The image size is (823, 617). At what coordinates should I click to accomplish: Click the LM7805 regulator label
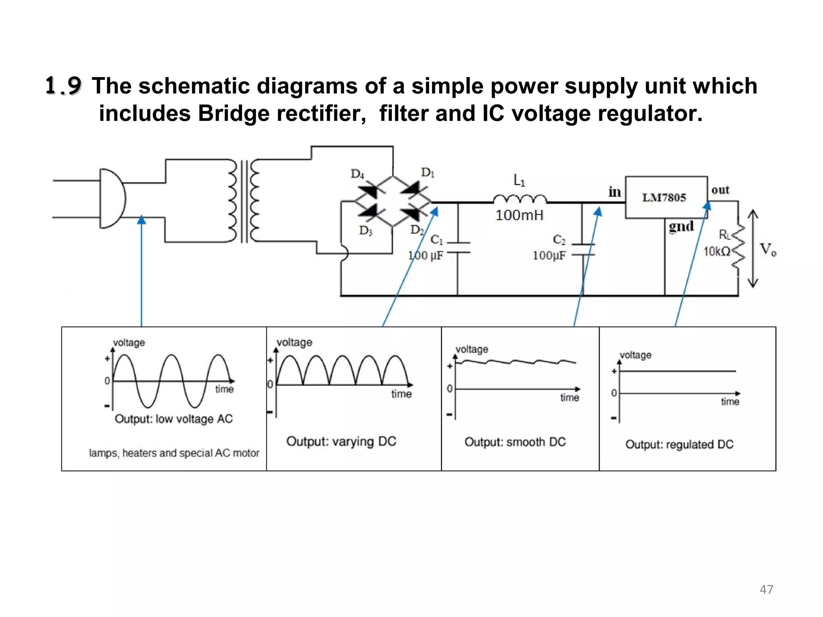click(664, 198)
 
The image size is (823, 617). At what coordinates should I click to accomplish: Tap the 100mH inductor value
click(519, 216)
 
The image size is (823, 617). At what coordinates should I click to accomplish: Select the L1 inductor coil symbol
click(520, 198)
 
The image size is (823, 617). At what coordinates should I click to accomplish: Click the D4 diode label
click(357, 174)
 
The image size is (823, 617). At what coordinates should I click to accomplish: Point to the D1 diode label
click(428, 173)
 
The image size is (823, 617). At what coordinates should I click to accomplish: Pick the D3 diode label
click(366, 231)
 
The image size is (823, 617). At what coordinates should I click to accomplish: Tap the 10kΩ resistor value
click(717, 252)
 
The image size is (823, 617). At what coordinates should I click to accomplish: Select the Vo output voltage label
click(768, 249)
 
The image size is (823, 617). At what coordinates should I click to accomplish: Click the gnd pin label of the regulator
click(681, 227)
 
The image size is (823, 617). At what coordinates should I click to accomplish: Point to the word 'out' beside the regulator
click(720, 190)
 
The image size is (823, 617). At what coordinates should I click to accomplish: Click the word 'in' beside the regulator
click(614, 192)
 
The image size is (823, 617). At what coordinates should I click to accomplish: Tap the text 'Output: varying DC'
click(341, 441)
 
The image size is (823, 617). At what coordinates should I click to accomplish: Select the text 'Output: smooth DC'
click(515, 442)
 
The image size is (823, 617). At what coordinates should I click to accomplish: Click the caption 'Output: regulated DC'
click(679, 444)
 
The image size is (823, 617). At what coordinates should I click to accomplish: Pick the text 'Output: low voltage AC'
click(174, 419)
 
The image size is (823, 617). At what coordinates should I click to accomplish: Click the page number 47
click(766, 589)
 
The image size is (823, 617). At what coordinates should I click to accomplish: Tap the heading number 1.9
click(63, 86)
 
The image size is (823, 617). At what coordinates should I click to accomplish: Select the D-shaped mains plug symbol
click(112, 198)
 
